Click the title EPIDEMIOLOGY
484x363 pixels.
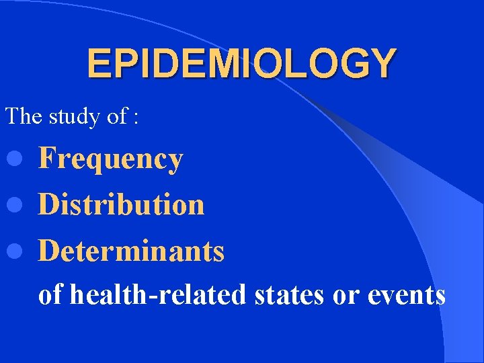click(x=241, y=64)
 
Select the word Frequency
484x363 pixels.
click(x=111, y=159)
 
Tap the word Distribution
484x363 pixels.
click(x=122, y=204)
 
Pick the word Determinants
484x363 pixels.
click(x=132, y=251)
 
